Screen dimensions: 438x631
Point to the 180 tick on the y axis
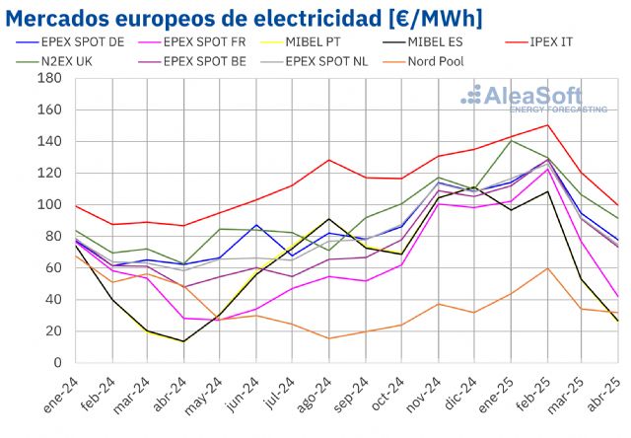click(x=49, y=79)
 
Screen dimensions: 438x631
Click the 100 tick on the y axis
click(x=49, y=205)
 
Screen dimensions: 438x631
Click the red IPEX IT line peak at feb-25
click(x=546, y=125)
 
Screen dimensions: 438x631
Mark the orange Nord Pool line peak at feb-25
click(x=546, y=268)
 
